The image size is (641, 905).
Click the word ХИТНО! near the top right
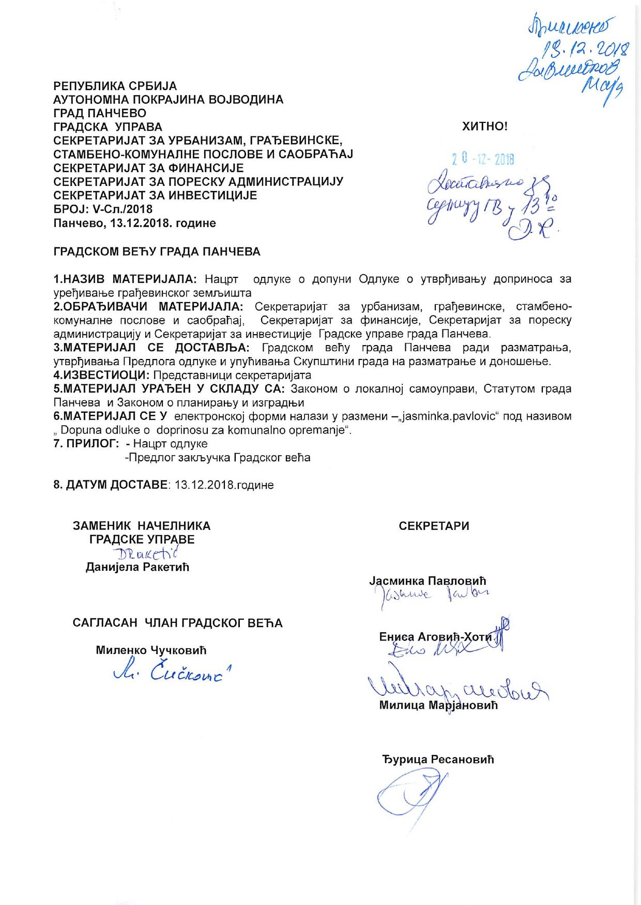pyautogui.click(x=484, y=126)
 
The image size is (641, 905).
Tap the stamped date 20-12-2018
pyautogui.click(x=483, y=159)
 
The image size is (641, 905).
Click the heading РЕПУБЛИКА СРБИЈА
pyautogui.click(x=115, y=86)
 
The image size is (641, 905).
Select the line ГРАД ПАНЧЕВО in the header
pyautogui.click(x=100, y=113)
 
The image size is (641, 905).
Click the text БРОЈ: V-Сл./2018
pyautogui.click(x=103, y=209)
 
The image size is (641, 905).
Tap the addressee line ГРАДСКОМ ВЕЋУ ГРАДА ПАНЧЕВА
pyautogui.click(x=157, y=252)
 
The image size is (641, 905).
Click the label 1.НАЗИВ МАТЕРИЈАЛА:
pyautogui.click(x=125, y=279)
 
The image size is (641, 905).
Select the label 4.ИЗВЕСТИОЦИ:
pyautogui.click(x=102, y=375)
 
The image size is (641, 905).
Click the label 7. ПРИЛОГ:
pyautogui.click(x=86, y=444)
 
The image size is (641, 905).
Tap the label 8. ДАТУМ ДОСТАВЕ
pyautogui.click(x=111, y=485)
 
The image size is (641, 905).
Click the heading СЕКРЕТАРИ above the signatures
pyautogui.click(x=434, y=526)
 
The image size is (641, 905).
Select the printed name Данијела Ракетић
pyautogui.click(x=137, y=567)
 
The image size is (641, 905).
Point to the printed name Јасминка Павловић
pyautogui.click(x=428, y=581)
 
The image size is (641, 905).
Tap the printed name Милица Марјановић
pyautogui.click(x=438, y=705)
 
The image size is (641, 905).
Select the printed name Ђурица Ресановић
pyautogui.click(x=438, y=759)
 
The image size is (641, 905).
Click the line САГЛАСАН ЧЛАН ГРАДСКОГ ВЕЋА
pyautogui.click(x=177, y=623)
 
